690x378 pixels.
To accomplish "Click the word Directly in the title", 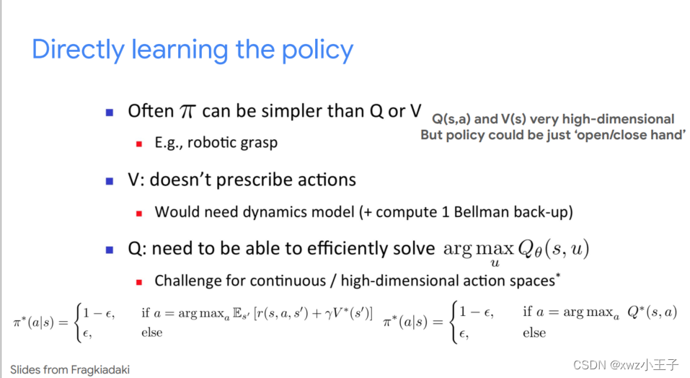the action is [78, 50].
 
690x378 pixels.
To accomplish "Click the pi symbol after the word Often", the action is [187, 112].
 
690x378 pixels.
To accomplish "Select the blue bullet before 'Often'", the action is [110, 113].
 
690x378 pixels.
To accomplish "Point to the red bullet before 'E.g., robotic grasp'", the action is [139, 144].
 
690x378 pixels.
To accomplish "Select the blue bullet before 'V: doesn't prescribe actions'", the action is [110, 181].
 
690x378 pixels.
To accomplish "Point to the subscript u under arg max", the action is [495, 263].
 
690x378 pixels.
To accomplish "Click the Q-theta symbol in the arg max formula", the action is [530, 250].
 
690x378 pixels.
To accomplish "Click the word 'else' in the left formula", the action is [152, 333].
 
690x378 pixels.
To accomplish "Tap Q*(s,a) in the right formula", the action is [653, 312].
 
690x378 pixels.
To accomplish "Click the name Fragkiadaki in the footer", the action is [100, 369].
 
